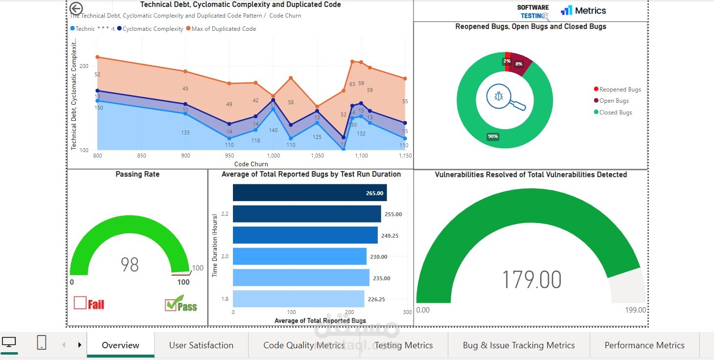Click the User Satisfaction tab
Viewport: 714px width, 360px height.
click(x=201, y=345)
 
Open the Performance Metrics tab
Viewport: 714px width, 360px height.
click(x=644, y=345)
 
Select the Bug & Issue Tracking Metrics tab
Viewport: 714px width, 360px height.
click(x=519, y=345)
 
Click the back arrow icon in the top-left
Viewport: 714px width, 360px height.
click(x=76, y=8)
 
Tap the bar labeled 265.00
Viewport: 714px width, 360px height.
click(x=309, y=193)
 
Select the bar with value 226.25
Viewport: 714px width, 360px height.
click(x=299, y=299)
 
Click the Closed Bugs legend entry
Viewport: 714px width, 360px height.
click(x=615, y=112)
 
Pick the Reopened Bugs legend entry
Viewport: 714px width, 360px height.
click(x=620, y=90)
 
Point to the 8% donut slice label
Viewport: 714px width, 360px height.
click(x=519, y=64)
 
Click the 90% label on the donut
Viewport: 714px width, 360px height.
click(x=493, y=136)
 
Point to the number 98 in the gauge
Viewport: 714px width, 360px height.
click(x=130, y=265)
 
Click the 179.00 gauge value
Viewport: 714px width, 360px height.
click(x=531, y=280)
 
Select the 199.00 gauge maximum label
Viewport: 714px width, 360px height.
click(x=635, y=310)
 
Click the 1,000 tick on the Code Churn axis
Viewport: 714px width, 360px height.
click(x=273, y=156)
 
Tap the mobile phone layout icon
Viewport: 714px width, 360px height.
click(x=42, y=342)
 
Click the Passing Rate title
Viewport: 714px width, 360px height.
click(x=138, y=174)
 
